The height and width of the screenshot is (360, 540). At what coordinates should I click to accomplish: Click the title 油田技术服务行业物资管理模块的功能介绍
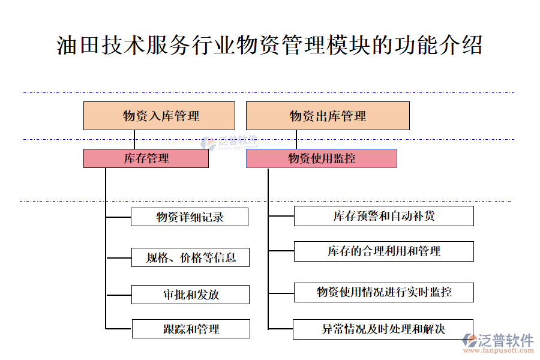(269, 46)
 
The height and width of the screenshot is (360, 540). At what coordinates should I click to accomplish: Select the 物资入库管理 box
(159, 116)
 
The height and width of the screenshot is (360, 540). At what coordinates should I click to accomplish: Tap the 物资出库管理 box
(328, 116)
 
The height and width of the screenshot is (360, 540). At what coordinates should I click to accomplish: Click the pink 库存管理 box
(146, 158)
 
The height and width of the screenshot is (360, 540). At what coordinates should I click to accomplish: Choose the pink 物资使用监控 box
(321, 158)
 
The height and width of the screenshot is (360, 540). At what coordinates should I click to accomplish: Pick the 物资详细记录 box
(189, 217)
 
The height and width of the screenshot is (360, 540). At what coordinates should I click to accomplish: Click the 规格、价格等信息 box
(190, 257)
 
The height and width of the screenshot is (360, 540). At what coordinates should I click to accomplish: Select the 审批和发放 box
(190, 294)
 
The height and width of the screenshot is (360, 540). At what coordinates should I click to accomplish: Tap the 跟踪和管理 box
(190, 329)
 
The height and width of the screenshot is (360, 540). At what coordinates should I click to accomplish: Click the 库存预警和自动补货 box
(383, 216)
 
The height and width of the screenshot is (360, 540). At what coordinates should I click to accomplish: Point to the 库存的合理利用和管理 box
(383, 251)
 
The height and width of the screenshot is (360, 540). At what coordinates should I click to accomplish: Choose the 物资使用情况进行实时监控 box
(383, 292)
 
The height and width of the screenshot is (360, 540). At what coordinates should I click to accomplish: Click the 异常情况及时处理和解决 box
(383, 329)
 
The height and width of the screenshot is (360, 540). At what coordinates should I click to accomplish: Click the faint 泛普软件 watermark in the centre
(231, 142)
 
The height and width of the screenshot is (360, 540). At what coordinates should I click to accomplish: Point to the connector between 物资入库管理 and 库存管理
(134, 140)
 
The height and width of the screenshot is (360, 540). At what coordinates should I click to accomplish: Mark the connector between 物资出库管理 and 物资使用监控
(296, 140)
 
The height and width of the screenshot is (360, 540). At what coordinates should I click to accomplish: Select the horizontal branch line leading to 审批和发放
(119, 295)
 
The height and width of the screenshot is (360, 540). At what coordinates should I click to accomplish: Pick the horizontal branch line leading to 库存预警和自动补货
(281, 216)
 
